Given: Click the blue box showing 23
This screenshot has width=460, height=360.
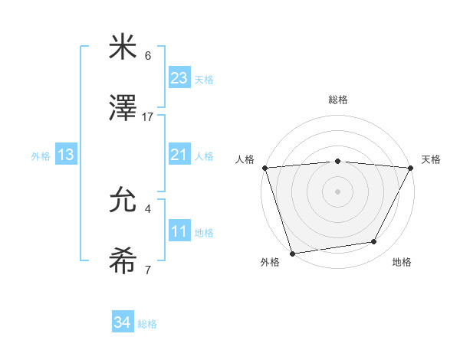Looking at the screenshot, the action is tap(179, 78).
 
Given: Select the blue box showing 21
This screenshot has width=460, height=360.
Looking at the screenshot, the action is tap(179, 155).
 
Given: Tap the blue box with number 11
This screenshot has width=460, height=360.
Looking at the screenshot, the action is tap(179, 231).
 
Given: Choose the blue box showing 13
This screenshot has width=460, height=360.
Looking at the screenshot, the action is tap(66, 155).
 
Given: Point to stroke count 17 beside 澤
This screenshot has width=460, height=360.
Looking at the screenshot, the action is tap(148, 116).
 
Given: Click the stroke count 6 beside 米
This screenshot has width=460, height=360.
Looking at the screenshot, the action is tap(148, 56).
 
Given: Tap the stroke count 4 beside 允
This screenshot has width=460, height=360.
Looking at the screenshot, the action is tap(148, 208).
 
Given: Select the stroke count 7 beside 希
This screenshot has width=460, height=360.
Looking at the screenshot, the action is tap(148, 270).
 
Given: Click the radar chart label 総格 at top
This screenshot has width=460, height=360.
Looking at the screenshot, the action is tap(338, 100).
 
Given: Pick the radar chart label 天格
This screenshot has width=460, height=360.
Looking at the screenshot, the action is tap(431, 159).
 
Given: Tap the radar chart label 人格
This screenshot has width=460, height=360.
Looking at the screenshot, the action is tap(245, 159).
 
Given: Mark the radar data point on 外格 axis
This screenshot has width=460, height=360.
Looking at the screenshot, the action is tap(292, 253).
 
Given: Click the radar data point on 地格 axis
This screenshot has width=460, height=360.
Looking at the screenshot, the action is tap(374, 242).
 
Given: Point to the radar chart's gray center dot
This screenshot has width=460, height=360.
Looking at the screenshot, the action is tap(337, 191).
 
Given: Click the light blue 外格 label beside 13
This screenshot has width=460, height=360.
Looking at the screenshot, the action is tap(41, 155).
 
